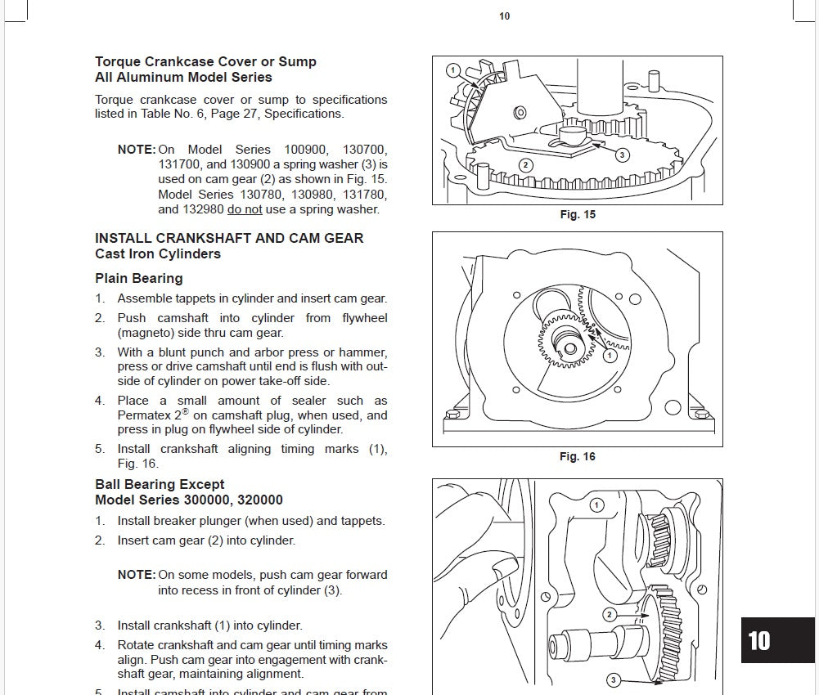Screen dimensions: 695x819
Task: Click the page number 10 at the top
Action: point(504,16)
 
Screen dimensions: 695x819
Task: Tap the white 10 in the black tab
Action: point(759,640)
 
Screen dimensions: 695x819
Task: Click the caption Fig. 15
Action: point(578,215)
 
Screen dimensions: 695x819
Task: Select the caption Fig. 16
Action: point(578,457)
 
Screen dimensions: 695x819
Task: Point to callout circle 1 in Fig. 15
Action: point(452,70)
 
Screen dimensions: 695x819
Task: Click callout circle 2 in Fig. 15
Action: point(525,165)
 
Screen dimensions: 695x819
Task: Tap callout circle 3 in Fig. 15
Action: point(622,155)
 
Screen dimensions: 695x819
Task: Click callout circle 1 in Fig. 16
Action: point(610,356)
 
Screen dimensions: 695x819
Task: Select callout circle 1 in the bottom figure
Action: point(596,505)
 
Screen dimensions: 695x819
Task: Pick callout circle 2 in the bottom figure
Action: point(609,614)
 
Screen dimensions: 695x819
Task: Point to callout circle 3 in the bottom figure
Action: point(613,679)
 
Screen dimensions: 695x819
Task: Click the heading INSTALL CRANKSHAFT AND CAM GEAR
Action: point(229,239)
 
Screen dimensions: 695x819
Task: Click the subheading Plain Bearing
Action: point(139,279)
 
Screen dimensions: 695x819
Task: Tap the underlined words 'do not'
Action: point(245,209)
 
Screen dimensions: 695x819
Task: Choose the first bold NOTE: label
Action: point(136,150)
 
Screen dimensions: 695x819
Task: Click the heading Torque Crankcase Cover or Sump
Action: point(205,62)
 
